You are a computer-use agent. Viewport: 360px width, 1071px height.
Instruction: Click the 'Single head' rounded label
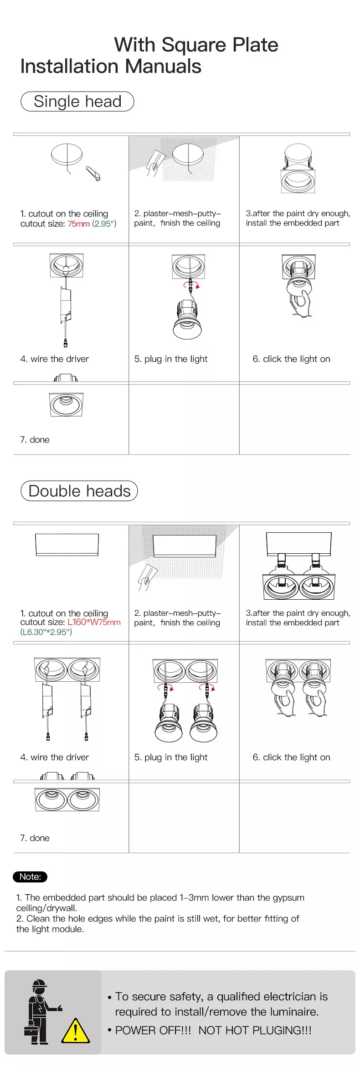pyautogui.click(x=77, y=101)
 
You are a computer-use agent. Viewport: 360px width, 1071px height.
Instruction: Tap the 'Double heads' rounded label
pyautogui.click(x=79, y=491)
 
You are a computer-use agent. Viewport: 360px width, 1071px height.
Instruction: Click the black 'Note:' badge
pyautogui.click(x=30, y=876)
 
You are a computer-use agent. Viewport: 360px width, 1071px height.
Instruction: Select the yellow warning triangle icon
pyautogui.click(x=75, y=1030)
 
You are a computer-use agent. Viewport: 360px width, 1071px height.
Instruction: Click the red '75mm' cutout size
pyautogui.click(x=78, y=224)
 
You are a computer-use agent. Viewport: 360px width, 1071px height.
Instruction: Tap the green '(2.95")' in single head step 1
pyautogui.click(x=104, y=224)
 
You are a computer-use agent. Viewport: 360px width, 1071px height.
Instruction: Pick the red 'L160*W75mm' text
pyautogui.click(x=94, y=622)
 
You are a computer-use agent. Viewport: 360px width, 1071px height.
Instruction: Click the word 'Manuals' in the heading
pyautogui.click(x=163, y=67)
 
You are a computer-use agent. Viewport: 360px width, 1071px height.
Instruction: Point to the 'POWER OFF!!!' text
pyautogui.click(x=153, y=1030)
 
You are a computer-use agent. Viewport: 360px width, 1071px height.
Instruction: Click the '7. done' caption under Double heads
pyautogui.click(x=35, y=838)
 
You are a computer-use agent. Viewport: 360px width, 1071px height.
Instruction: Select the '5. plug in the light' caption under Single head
pyautogui.click(x=171, y=359)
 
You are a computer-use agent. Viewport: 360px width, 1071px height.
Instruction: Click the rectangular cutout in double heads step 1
pyautogui.click(x=67, y=545)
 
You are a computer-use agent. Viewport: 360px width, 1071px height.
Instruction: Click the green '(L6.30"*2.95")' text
pyautogui.click(x=46, y=632)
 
